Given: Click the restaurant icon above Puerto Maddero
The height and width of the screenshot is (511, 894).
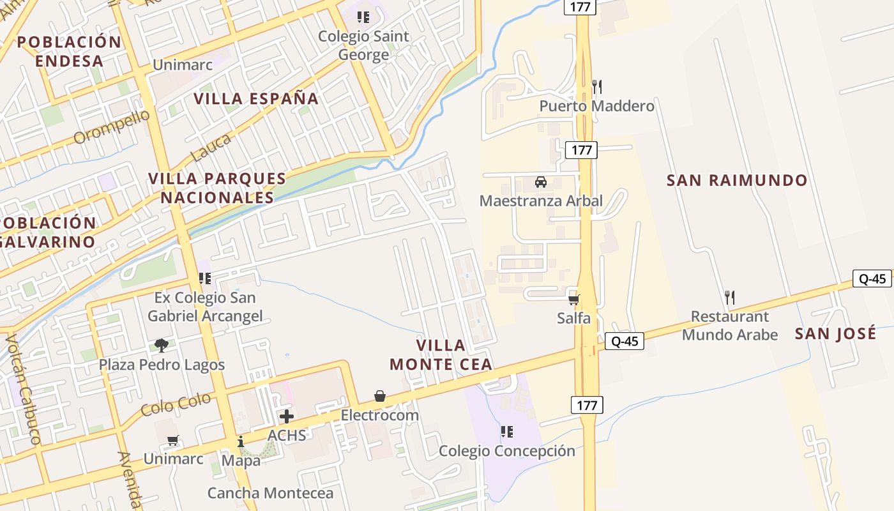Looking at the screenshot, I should coord(597,87).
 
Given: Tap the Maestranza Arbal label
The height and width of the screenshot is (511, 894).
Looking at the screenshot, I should coord(541,201).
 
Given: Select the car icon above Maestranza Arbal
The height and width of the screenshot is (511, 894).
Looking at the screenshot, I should coord(541,182).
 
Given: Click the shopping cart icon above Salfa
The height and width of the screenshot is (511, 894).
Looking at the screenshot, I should coord(573,299).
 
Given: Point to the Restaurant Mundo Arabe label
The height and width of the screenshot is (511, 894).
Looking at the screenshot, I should coord(730,326).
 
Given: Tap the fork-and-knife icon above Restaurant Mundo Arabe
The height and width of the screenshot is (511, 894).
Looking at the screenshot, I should coord(730,297).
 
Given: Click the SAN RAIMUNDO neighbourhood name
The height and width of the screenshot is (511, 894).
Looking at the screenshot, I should coord(737,181).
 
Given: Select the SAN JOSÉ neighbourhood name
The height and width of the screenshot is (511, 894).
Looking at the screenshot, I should coord(835,333).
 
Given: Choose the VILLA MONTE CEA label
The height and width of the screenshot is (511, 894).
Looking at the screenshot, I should coord(441,355).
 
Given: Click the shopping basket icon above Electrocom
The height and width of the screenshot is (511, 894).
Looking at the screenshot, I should coord(380,397).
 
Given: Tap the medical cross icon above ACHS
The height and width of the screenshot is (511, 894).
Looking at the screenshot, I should coord(287,417).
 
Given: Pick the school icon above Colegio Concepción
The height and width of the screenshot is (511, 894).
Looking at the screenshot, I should coord(507,432).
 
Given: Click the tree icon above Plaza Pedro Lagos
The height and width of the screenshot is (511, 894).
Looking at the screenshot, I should coord(162,346).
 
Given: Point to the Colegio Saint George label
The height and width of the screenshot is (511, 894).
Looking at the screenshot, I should coord(363,45).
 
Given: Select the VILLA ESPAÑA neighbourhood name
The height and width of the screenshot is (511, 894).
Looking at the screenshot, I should coord(256,99).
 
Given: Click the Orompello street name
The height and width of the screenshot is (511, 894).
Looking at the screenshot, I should coord(112,127).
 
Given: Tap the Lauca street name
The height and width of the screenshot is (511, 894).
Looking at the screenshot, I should coord(211,148).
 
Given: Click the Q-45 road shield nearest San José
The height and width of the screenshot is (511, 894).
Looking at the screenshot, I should coord(872,278).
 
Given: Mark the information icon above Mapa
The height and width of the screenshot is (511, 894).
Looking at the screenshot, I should coord(241,441).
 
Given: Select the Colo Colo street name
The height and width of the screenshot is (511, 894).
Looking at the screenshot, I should coord(176,405).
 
